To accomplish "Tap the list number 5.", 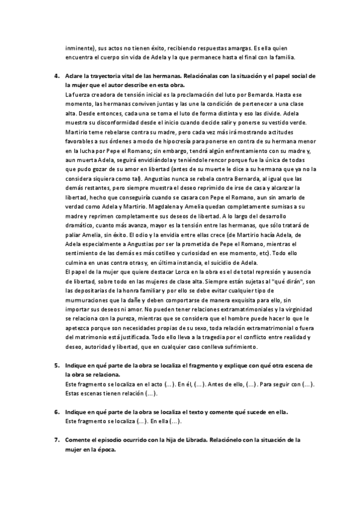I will (56, 366).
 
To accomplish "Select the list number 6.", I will (56, 412).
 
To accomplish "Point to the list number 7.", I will (56, 440).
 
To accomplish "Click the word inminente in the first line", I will (79, 49).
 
